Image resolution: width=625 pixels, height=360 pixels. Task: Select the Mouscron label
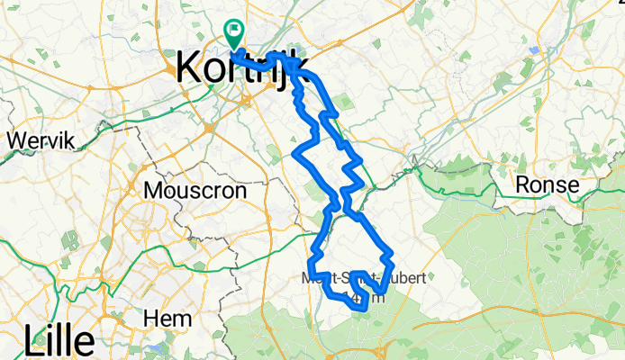(x=194, y=191)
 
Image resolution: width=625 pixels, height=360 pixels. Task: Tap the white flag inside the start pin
(x=234, y=30)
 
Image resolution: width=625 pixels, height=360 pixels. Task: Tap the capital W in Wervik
(x=15, y=140)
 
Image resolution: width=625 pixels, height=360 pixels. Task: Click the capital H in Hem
(x=149, y=319)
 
